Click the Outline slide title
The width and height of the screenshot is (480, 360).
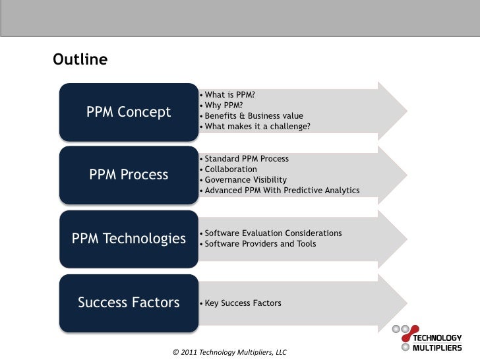(80, 60)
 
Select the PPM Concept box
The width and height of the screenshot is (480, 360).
(129, 112)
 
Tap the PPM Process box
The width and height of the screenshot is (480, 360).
(129, 175)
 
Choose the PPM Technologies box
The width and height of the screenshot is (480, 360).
(129, 239)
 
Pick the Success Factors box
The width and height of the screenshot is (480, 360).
(129, 303)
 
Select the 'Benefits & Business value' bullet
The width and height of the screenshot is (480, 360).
(254, 115)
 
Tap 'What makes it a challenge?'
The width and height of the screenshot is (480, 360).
(257, 126)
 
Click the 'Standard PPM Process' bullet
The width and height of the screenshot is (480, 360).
(247, 159)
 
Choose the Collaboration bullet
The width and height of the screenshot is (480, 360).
(231, 169)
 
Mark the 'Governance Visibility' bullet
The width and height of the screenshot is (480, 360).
(245, 180)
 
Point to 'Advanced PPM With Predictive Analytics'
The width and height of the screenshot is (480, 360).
(282, 191)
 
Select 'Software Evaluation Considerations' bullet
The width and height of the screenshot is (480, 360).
(273, 233)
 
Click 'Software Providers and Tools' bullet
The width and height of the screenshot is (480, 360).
(260, 244)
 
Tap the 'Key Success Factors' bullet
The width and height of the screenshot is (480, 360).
(243, 303)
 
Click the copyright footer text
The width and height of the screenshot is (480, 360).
(229, 352)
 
